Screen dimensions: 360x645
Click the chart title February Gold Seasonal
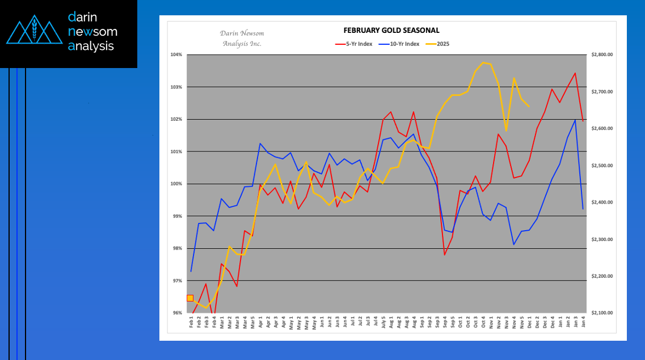pyautogui.click(x=391, y=31)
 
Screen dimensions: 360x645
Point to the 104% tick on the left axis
pyautogui.click(x=176, y=55)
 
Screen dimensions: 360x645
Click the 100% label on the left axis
pyautogui.click(x=176, y=184)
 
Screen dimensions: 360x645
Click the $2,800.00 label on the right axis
pyautogui.click(x=602, y=55)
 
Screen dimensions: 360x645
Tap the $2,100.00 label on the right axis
pyautogui.click(x=602, y=313)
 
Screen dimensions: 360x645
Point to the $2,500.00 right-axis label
pyautogui.click(x=602, y=166)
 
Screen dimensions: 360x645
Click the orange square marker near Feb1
pyautogui.click(x=190, y=298)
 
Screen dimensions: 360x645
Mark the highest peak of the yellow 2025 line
pyautogui.click(x=483, y=62)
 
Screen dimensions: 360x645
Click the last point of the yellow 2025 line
pyautogui.click(x=529, y=107)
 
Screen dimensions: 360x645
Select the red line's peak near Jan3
pyautogui.click(x=575, y=73)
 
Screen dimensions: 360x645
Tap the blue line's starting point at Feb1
pyautogui.click(x=191, y=271)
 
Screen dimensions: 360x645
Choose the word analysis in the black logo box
pyautogui.click(x=91, y=46)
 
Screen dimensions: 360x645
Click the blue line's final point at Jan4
pyautogui.click(x=583, y=209)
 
